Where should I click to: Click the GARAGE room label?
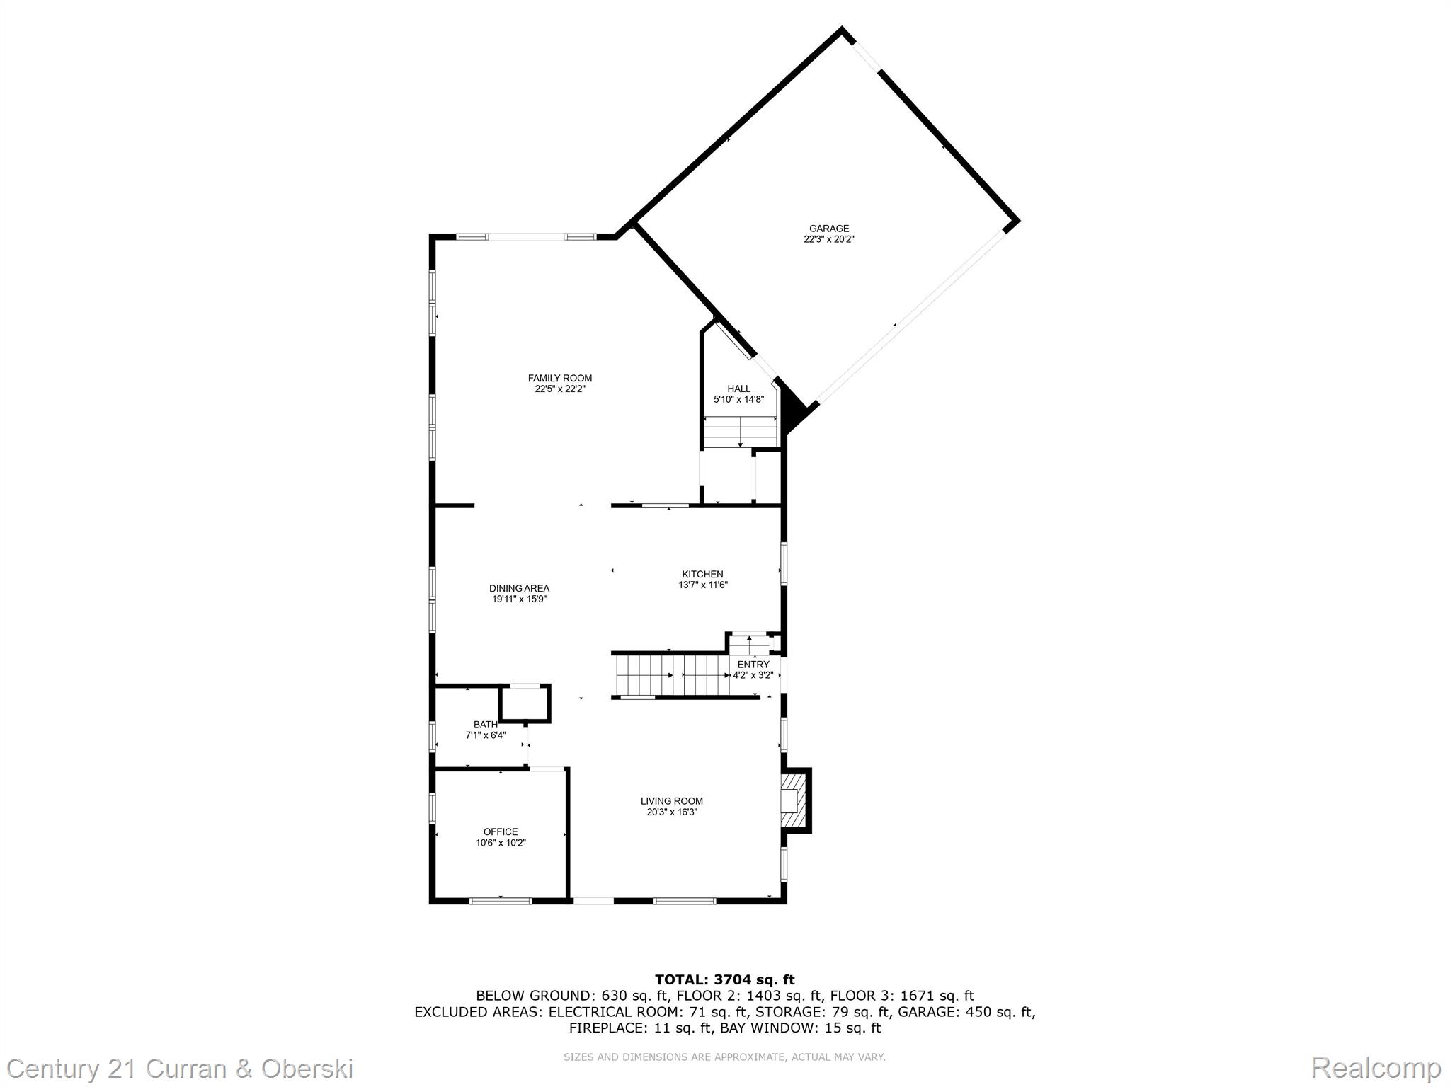pyautogui.click(x=829, y=229)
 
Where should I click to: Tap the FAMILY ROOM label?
pyautogui.click(x=560, y=379)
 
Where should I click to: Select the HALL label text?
pyautogui.click(x=738, y=389)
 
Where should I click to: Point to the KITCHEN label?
pyautogui.click(x=702, y=574)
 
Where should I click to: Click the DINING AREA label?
pyautogui.click(x=519, y=588)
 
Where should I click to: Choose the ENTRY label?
pyautogui.click(x=753, y=665)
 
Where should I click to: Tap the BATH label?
pyautogui.click(x=486, y=725)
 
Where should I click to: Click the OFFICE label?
pyautogui.click(x=501, y=832)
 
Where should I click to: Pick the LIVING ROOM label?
pyautogui.click(x=672, y=801)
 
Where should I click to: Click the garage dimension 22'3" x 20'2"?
pyautogui.click(x=829, y=239)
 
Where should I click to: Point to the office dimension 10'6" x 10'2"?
pyautogui.click(x=501, y=843)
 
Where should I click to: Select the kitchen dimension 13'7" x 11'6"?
pyautogui.click(x=703, y=585)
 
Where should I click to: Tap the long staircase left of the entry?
pyautogui.click(x=672, y=675)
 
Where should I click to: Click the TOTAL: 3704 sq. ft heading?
pyautogui.click(x=725, y=979)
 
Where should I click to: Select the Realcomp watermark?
pyautogui.click(x=1376, y=1067)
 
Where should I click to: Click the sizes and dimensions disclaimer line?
pyautogui.click(x=724, y=1057)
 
